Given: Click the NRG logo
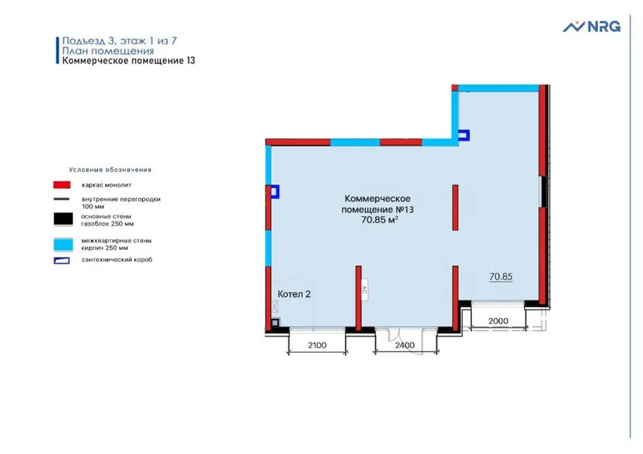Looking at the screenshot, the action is coord(592,27).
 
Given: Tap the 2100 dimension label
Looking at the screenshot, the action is coord(317,346).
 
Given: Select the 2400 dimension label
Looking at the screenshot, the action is coord(405,346).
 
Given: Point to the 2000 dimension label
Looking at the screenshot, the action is coord(498,321).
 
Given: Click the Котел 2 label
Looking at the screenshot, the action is coord(294,294).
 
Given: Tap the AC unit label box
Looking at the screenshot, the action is coord(364,289).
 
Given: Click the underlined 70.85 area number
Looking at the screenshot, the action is coord(501,277).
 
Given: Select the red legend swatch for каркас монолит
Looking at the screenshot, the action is coord(62,185).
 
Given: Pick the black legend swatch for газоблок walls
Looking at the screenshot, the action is coord(63,219).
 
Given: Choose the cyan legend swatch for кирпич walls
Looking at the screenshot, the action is coord(63,244).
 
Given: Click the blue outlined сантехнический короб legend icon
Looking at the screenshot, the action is coord(62,260).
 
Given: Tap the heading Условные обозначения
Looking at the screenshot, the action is coord(110,170).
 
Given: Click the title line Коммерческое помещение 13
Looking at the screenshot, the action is coord(129,61).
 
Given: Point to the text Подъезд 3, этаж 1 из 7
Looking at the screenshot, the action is coord(119,41).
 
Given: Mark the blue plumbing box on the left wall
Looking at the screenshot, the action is coord(274,191).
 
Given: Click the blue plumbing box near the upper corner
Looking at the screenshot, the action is coord(464,135).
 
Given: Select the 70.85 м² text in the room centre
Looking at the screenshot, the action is coord(379,220).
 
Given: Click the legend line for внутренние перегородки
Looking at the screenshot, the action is coord(61,199).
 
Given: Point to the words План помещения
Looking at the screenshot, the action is coord(108,51).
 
